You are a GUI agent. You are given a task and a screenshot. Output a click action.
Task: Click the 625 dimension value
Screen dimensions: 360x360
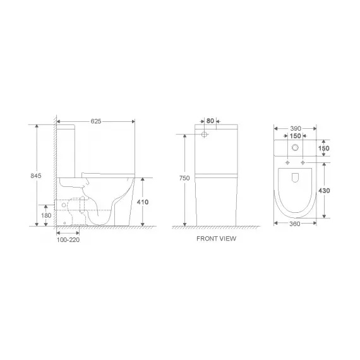[97, 120]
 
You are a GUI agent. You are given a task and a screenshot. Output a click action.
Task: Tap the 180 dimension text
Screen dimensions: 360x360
[45, 216]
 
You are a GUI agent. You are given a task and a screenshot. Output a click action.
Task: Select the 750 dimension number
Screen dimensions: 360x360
[184, 179]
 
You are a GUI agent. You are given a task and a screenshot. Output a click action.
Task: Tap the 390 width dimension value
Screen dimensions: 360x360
[295, 128]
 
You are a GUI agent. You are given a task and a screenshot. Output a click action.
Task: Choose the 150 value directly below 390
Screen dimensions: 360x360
[295, 135]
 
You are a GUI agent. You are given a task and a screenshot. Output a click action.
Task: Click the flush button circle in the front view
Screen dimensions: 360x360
[205, 135]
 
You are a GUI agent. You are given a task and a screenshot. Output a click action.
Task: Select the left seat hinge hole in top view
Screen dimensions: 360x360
[287, 164]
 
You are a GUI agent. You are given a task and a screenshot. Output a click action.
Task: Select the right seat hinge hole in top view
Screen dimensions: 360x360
[303, 164]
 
